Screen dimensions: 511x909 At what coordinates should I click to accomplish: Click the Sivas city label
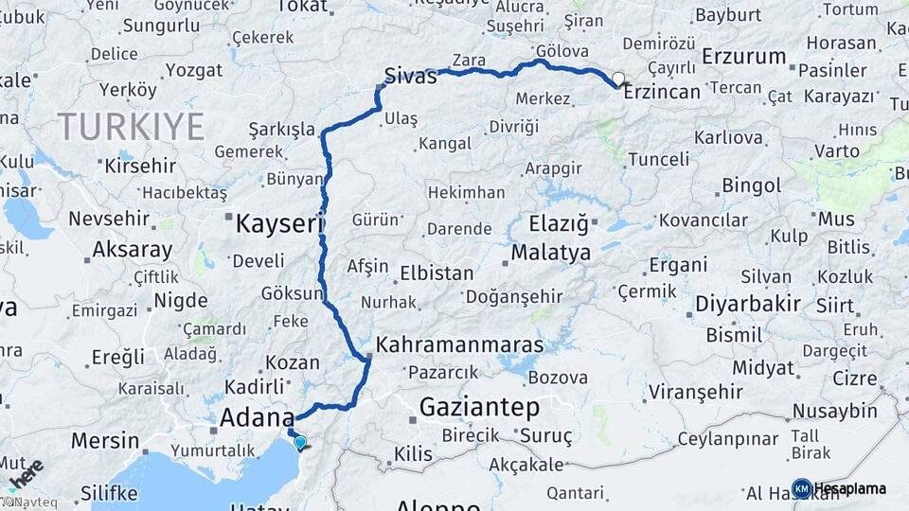pos(410,76)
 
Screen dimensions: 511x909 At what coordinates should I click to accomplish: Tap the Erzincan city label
pos(662,92)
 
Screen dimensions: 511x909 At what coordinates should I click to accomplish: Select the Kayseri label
pos(279,224)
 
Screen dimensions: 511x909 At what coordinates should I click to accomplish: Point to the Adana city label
pos(257,416)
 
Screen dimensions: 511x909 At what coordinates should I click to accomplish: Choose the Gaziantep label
pos(479,408)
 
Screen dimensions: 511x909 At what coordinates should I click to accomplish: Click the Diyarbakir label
pos(748,305)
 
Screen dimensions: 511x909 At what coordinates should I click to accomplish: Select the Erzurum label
pos(743,57)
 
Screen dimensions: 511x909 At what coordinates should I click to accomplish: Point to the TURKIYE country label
pos(131,126)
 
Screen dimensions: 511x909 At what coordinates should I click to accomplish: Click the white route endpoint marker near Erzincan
pos(618,79)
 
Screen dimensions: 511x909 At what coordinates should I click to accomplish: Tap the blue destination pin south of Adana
pos(300,442)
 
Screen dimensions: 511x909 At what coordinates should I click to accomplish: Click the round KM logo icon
pos(801,488)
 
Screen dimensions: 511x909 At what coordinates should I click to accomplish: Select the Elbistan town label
pos(437,273)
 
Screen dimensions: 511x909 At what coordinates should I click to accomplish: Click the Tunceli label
pos(659,159)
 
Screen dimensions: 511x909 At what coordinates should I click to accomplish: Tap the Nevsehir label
pos(109,219)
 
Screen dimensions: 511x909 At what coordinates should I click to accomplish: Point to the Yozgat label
pos(193,70)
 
